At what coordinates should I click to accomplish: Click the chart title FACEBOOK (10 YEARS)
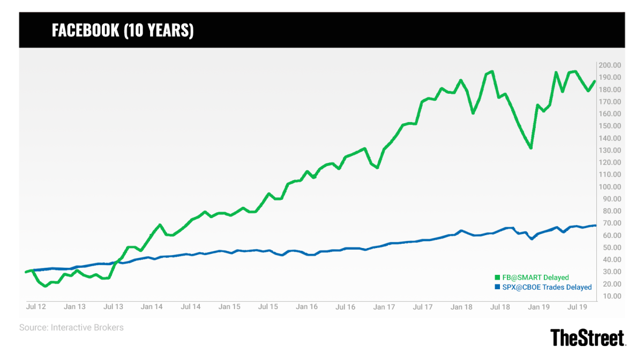tap(123, 31)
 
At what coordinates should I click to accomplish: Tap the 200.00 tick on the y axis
tap(610, 65)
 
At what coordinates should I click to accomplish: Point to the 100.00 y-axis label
tap(610, 187)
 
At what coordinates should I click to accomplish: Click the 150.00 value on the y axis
tap(610, 126)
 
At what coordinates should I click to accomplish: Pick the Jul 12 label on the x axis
tap(36, 307)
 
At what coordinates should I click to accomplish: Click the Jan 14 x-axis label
tap(152, 307)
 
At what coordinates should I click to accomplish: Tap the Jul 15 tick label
tap(268, 307)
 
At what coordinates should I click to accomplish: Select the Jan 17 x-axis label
tap(384, 307)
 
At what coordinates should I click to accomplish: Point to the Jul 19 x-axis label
tap(578, 307)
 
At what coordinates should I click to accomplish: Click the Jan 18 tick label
tap(461, 307)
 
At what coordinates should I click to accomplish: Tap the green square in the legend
tap(497, 277)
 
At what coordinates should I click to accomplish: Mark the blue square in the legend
tap(497, 287)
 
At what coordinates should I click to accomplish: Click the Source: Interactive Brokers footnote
tap(71, 327)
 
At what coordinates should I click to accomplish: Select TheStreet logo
tap(588, 337)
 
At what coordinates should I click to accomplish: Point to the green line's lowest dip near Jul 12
tap(45, 286)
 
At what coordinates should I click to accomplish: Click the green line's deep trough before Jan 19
tap(530, 148)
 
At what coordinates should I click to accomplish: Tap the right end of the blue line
tap(595, 225)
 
